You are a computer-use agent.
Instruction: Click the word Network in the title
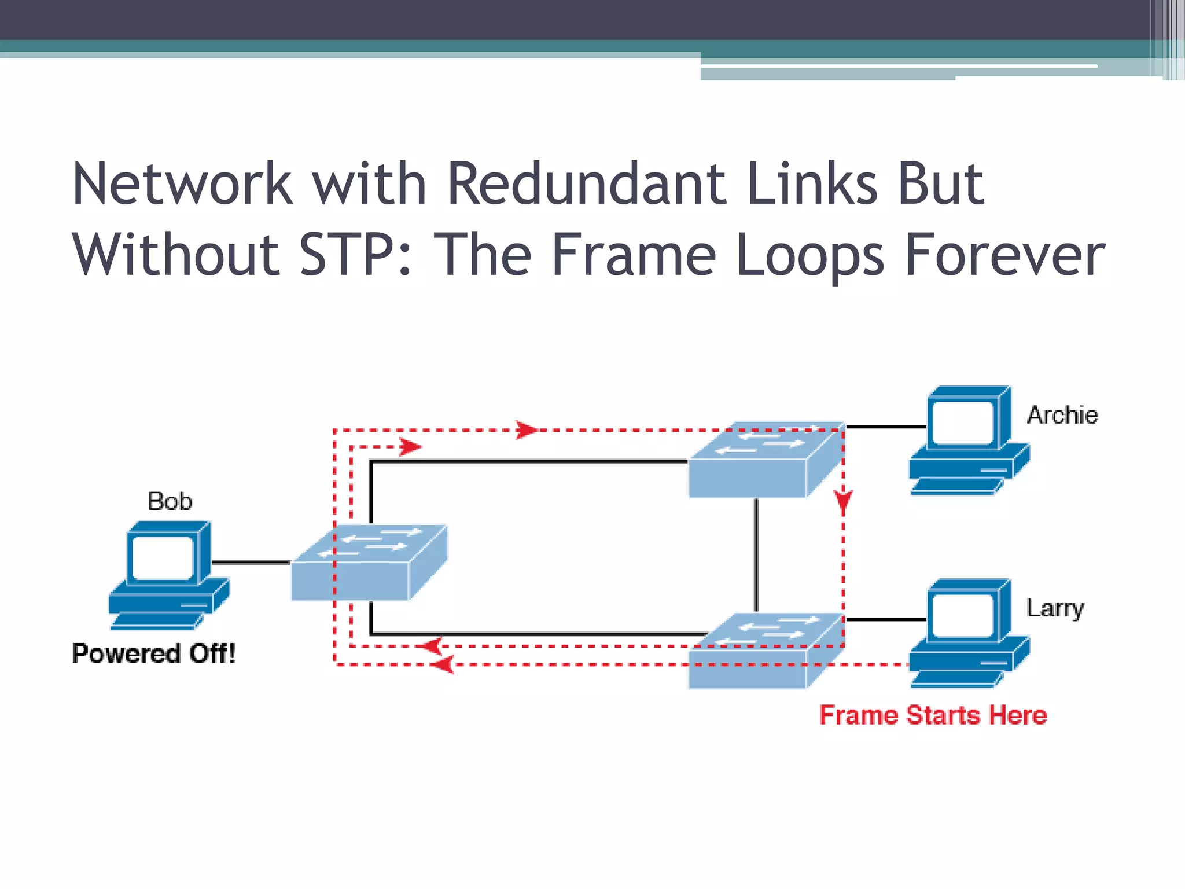[182, 184]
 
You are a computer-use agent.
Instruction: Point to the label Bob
[170, 501]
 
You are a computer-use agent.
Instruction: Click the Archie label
[1062, 416]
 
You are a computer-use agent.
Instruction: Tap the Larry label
[1055, 608]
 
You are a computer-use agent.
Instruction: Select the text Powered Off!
[154, 653]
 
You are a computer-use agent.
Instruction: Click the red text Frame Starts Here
[933, 715]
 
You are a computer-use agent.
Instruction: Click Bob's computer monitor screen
[163, 557]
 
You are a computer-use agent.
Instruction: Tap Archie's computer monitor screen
[963, 423]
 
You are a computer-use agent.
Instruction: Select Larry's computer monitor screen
[963, 615]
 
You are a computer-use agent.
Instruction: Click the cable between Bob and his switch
[251, 562]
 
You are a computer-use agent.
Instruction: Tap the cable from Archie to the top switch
[885, 427]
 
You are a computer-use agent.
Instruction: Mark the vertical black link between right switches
[756, 556]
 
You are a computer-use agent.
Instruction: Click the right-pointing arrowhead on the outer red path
[526, 430]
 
